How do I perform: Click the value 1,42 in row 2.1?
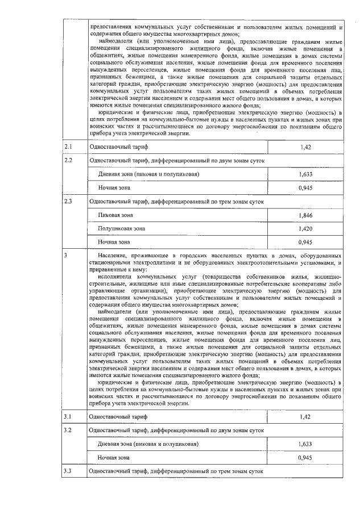click(305, 148)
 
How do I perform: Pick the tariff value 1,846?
click(305, 215)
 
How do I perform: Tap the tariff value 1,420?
click(305, 229)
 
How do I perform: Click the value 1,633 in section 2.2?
click(305, 174)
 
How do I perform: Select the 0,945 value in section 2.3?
click(305, 243)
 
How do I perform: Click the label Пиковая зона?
click(115, 215)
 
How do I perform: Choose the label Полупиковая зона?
click(121, 229)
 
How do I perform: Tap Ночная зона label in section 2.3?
click(114, 243)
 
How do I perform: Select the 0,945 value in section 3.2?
click(305, 457)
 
